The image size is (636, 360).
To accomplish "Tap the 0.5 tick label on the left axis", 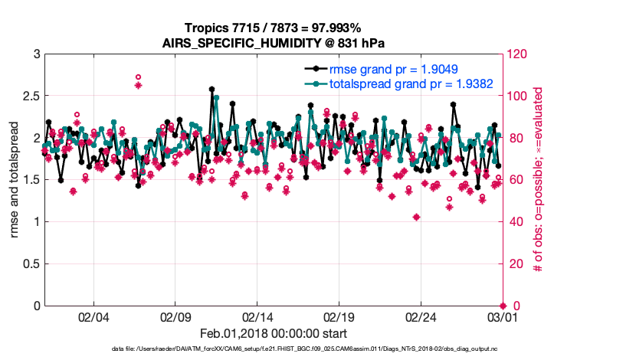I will [x=31, y=264].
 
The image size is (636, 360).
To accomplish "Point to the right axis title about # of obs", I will [x=539, y=180].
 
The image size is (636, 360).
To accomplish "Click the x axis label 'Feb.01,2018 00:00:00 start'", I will [x=273, y=333].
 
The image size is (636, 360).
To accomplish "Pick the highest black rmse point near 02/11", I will [x=211, y=89].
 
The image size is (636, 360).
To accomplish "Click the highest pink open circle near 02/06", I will [x=138, y=77].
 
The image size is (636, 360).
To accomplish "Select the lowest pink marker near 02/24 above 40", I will [x=416, y=217].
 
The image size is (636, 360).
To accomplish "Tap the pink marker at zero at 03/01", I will [x=503, y=306].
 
